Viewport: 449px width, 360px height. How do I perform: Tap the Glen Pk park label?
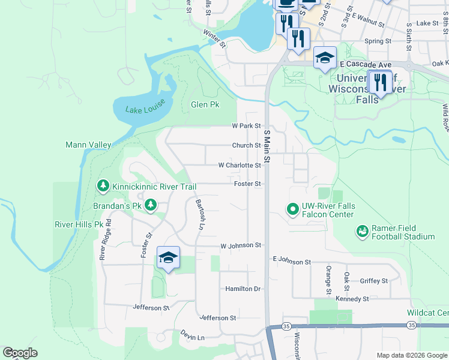pos(205,104)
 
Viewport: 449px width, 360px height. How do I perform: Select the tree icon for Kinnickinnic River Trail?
pos(103,186)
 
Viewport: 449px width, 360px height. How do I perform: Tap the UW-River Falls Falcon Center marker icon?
pos(292,209)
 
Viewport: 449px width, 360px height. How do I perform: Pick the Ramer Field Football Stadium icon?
pos(362,231)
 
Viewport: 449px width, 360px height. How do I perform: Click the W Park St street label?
pos(247,126)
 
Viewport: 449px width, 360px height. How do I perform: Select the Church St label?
pos(247,145)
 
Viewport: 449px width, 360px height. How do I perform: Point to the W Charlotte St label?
pos(240,165)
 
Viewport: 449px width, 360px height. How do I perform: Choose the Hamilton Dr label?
pos(243,289)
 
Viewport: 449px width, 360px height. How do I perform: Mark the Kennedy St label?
pos(352,299)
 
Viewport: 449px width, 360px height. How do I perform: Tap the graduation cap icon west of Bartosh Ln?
pos(169,258)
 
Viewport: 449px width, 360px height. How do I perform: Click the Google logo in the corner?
pos(20,353)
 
